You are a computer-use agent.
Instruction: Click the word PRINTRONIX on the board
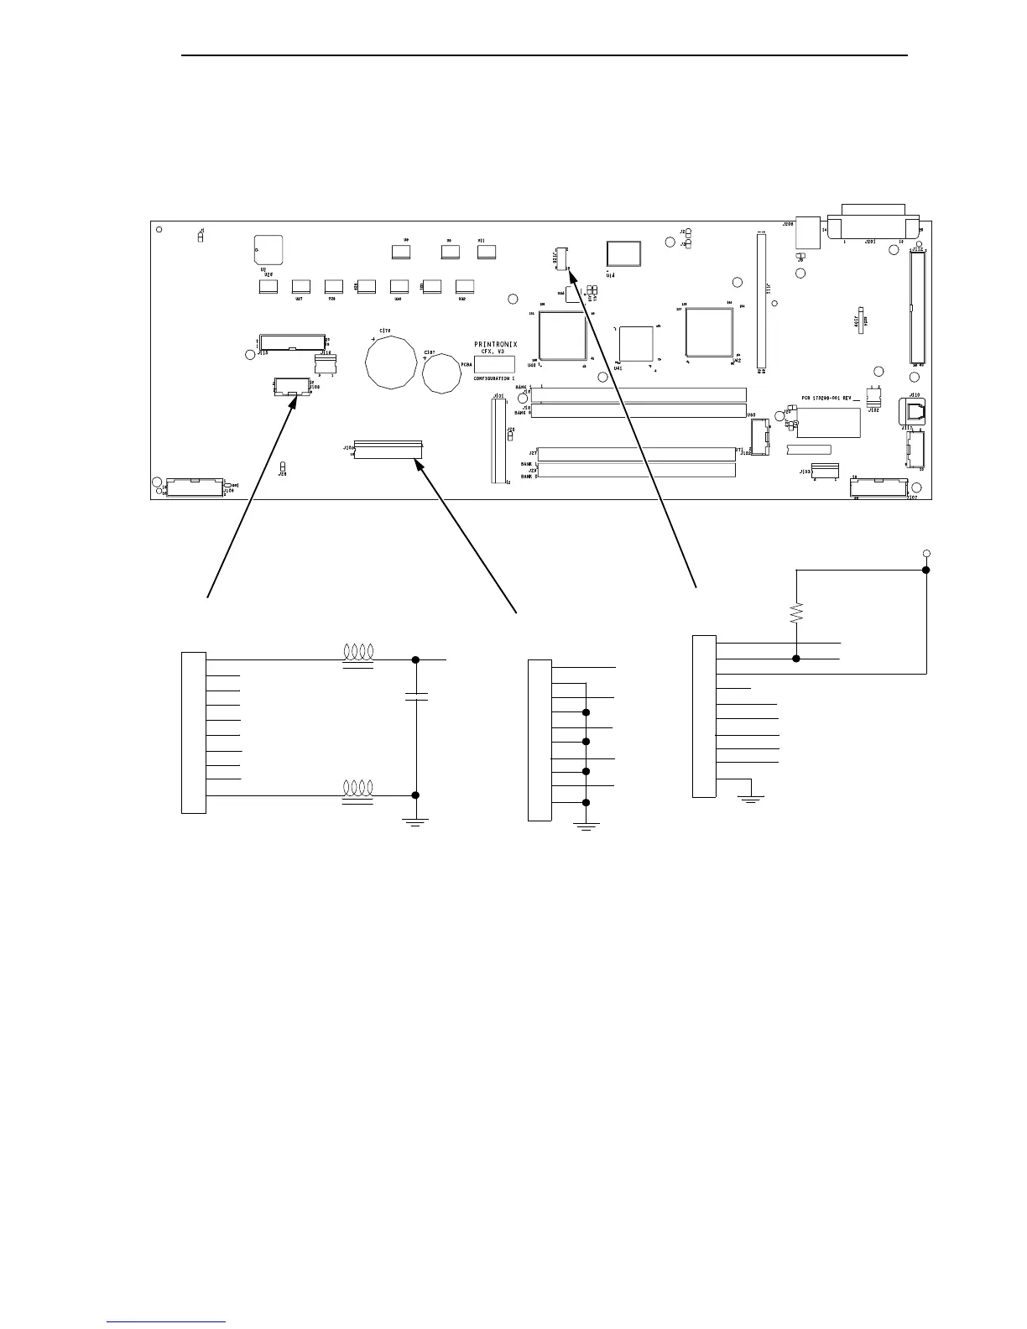click(496, 344)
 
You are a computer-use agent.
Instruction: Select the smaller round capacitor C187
click(442, 373)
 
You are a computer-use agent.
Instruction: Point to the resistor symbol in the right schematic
click(796, 615)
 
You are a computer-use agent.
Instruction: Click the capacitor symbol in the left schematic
click(417, 696)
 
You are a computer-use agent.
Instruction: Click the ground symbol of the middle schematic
click(586, 826)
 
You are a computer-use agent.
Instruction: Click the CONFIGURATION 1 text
click(494, 379)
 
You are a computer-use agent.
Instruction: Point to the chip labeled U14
click(623, 255)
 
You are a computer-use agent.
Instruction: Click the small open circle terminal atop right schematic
click(926, 553)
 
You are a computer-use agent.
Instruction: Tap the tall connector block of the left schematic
click(193, 732)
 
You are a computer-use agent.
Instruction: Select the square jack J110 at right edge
click(912, 411)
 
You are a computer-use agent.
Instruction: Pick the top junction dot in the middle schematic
click(586, 713)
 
